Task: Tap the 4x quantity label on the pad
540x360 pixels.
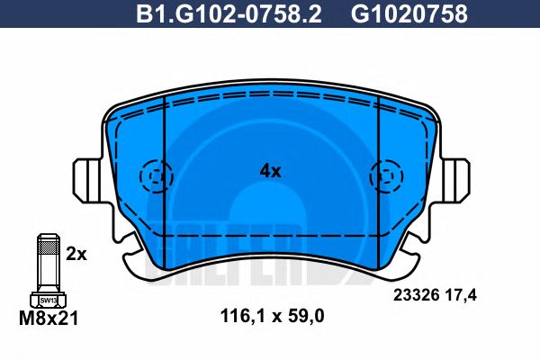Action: click(270, 170)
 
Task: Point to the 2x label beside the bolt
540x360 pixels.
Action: click(76, 255)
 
